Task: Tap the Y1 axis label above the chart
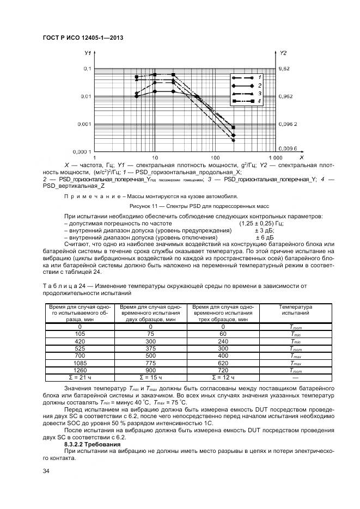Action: click(x=87, y=53)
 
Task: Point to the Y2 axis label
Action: click(x=283, y=53)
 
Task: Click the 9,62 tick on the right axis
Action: click(x=285, y=69)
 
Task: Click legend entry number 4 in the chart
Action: click(x=260, y=101)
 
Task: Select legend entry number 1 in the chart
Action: click(x=260, y=78)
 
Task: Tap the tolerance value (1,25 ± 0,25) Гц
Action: click(x=261, y=223)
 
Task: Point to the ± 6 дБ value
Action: click(x=264, y=238)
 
